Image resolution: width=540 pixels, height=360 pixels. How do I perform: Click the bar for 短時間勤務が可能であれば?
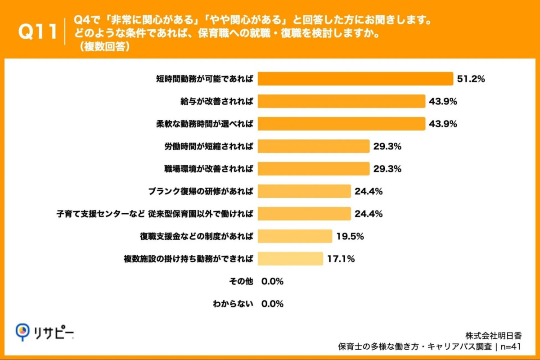pos(355,79)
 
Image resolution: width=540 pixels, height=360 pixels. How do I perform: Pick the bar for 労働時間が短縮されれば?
pos(313,146)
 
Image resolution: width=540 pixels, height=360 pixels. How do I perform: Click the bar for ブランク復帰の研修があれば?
pos(304,191)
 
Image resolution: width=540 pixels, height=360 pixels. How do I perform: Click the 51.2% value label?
pos(471,79)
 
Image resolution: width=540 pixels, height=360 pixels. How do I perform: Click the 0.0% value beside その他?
pos(272,281)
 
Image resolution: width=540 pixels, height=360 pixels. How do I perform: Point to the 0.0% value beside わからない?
pos(272,304)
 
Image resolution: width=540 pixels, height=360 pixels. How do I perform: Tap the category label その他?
pos(241,281)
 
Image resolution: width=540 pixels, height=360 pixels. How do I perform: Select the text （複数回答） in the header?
pos(104,47)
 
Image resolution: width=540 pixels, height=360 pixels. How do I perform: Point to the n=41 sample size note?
pos(512,346)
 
